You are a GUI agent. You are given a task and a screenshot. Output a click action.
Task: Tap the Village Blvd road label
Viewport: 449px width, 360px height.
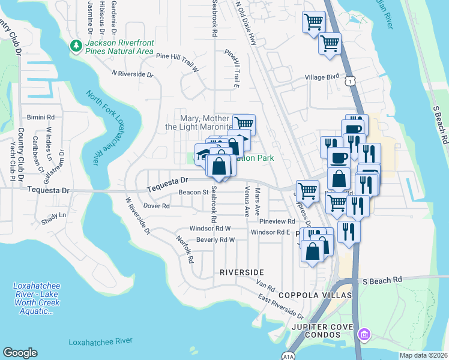click(321, 77)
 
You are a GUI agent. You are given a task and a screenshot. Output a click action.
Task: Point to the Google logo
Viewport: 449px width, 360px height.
click(20, 352)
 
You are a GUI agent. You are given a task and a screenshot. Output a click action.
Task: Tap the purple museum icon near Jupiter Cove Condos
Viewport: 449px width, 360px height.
click(363, 334)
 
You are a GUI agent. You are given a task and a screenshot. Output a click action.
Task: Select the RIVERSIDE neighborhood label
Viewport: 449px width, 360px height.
click(241, 272)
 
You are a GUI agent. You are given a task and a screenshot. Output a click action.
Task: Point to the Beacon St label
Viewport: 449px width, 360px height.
click(193, 193)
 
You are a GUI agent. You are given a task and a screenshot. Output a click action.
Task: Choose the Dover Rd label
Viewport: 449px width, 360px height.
click(157, 206)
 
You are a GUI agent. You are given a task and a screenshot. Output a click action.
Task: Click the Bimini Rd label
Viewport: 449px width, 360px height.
click(41, 117)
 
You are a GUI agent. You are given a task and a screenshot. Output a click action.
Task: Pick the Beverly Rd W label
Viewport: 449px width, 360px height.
click(215, 239)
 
